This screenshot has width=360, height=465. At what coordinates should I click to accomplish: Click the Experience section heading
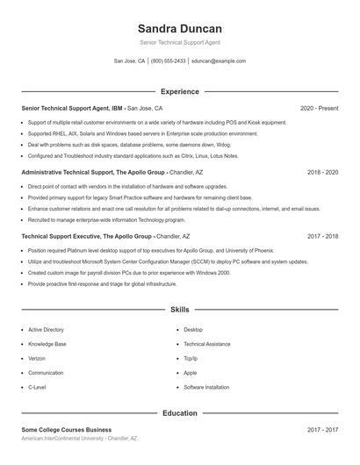click(x=180, y=91)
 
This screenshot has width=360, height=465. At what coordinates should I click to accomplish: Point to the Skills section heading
click(x=180, y=310)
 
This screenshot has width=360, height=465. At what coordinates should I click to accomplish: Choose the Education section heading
click(x=180, y=412)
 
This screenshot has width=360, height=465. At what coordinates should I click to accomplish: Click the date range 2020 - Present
click(x=319, y=108)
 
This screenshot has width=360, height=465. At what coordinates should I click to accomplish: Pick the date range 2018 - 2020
click(x=322, y=173)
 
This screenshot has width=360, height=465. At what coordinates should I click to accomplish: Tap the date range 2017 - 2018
click(x=322, y=237)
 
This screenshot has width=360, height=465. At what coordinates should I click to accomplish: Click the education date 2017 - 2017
click(x=322, y=430)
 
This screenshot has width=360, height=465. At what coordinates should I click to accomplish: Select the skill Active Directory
click(x=46, y=330)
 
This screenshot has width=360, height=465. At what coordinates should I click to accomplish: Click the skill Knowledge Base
click(x=47, y=344)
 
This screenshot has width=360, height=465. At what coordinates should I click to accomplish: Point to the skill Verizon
click(x=38, y=358)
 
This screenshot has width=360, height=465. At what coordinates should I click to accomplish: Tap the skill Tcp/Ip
click(x=191, y=358)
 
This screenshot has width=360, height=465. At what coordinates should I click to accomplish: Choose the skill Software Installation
click(x=206, y=387)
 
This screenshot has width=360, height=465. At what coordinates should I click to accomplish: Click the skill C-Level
click(x=38, y=387)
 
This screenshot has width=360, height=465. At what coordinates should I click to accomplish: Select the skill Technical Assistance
click(x=206, y=344)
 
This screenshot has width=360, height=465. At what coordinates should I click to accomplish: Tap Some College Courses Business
click(x=66, y=430)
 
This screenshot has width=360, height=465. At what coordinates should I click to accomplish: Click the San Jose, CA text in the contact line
click(x=130, y=61)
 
